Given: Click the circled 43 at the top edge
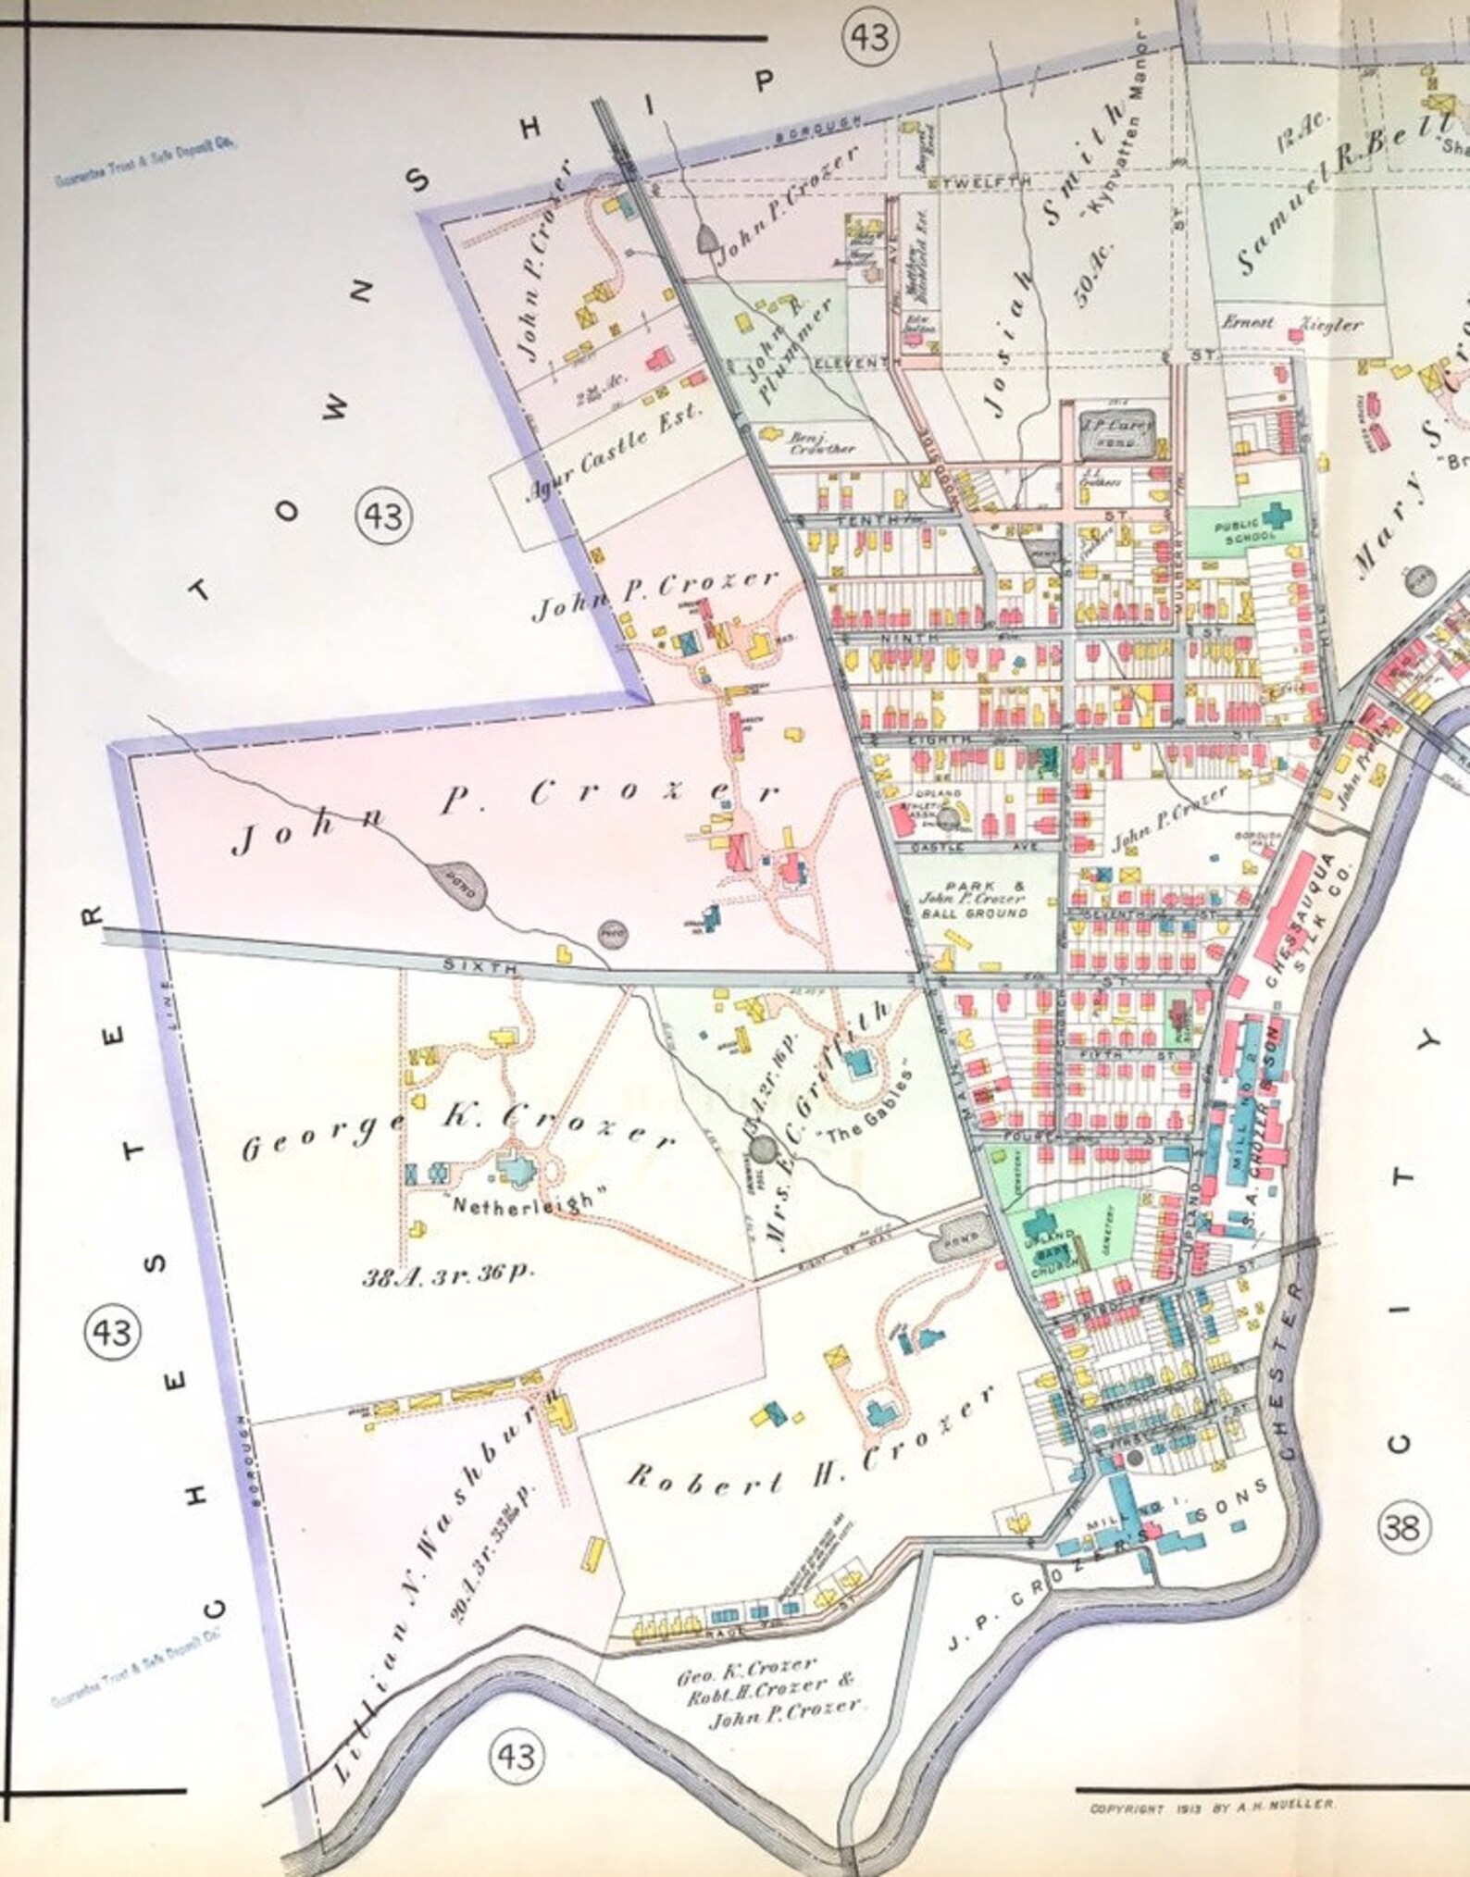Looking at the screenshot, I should [x=870, y=38].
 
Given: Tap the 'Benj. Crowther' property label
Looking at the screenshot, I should [x=810, y=442].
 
